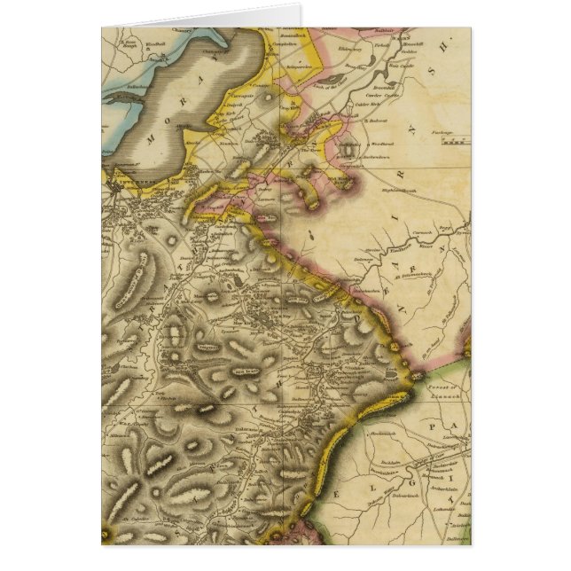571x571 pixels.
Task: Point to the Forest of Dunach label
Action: tap(442, 389)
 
